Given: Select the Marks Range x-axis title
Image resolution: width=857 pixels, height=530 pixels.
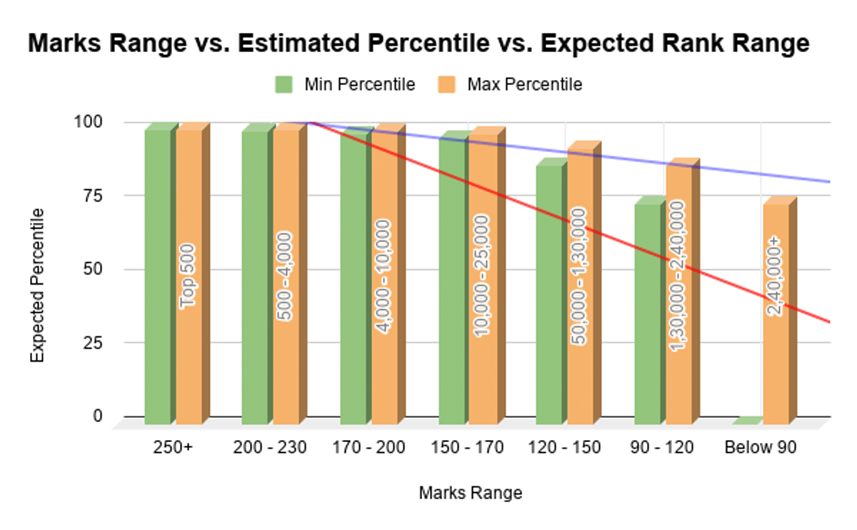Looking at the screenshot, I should (470, 493).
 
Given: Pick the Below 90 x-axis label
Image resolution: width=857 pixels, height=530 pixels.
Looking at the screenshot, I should (760, 448).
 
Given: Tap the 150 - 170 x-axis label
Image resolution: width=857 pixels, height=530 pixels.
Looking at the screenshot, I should (467, 448).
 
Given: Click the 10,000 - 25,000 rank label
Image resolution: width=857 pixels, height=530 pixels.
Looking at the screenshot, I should (480, 275).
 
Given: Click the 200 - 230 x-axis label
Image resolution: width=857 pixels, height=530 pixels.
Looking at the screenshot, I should (271, 448).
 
